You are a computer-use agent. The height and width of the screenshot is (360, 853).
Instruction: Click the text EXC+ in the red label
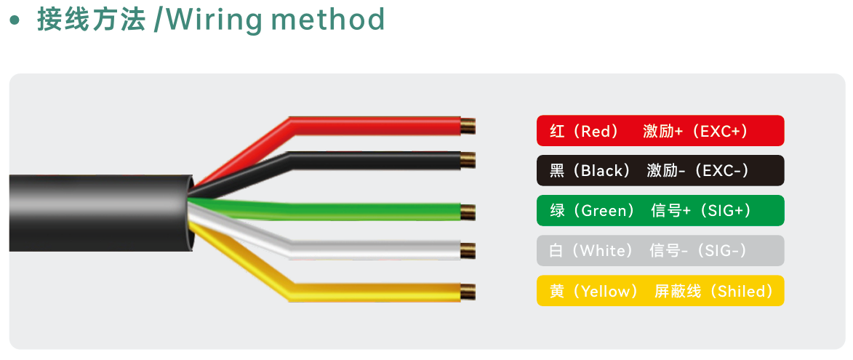click(716, 131)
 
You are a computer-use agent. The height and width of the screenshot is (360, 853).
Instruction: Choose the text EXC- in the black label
click(718, 171)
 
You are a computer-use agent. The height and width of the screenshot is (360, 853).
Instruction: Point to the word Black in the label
click(601, 171)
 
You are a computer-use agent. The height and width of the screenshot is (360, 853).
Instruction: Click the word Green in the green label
click(604, 211)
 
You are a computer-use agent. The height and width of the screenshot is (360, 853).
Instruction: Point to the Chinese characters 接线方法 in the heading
click(91, 20)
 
